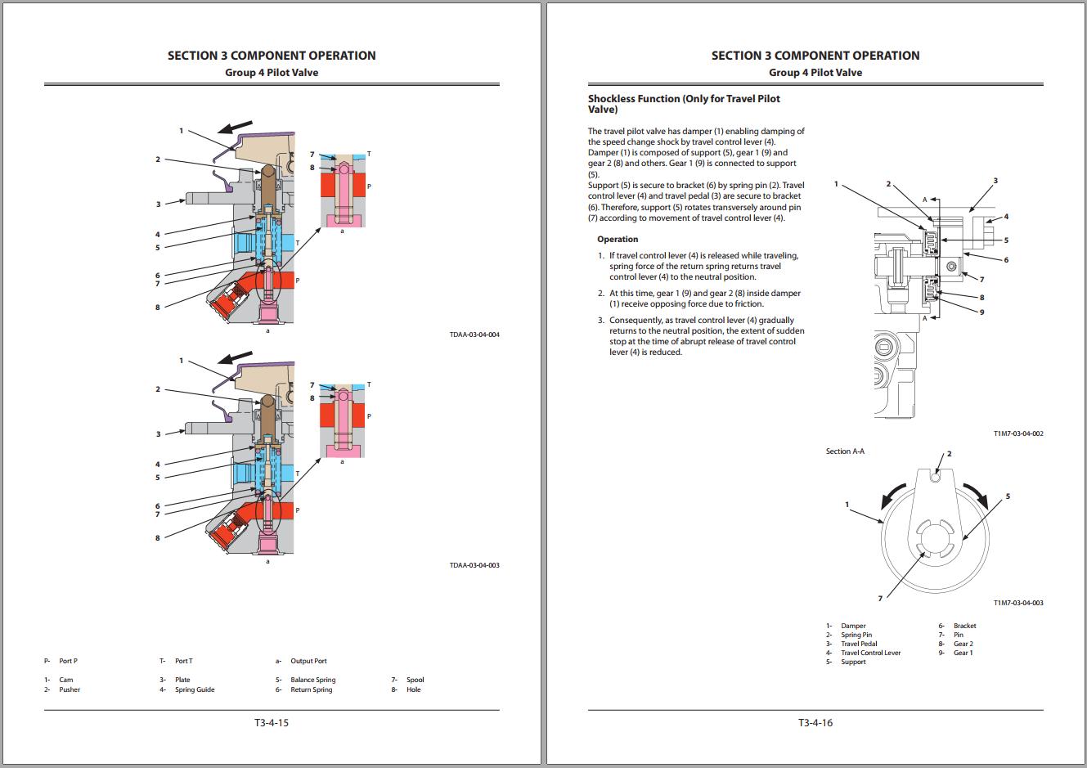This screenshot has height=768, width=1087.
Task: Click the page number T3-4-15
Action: [x=272, y=722]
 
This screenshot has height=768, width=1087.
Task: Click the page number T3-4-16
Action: [x=815, y=722]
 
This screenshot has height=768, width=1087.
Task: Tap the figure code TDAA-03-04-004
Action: [x=474, y=335]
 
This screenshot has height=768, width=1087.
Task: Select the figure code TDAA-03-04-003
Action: [x=474, y=565]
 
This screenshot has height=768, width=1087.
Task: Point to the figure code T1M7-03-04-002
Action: [x=1018, y=433]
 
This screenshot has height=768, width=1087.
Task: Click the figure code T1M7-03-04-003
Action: [x=1018, y=603]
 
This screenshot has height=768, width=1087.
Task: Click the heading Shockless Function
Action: [x=684, y=104]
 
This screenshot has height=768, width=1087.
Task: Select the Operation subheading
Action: [x=618, y=240]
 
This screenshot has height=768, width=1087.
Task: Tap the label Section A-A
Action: [x=845, y=451]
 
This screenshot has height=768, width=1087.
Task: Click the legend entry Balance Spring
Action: [x=312, y=680]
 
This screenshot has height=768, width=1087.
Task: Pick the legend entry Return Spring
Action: [x=311, y=689]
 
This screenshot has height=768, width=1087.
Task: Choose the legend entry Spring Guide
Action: [x=195, y=689]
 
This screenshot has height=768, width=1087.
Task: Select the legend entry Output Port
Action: [x=308, y=661]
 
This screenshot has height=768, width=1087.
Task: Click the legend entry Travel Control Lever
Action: [x=870, y=653]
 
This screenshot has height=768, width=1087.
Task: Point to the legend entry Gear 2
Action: [x=963, y=644]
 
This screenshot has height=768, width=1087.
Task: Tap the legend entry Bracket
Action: [x=964, y=626]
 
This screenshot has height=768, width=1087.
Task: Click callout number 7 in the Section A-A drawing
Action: [x=880, y=599]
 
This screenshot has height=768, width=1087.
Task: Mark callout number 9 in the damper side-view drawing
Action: [x=981, y=312]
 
